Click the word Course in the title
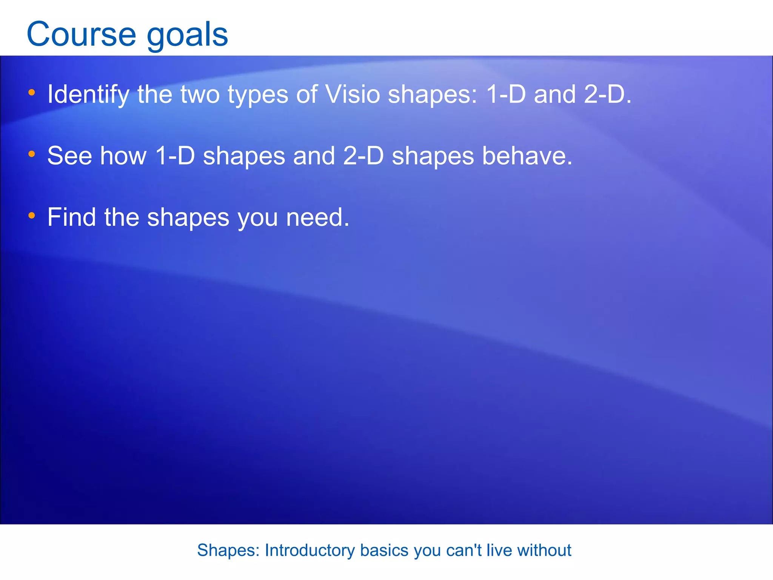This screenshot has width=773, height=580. pyautogui.click(x=81, y=34)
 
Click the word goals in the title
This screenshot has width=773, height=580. pyautogui.click(x=187, y=36)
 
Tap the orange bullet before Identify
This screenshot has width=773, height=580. pyautogui.click(x=32, y=92)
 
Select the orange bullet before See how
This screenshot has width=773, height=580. pyautogui.click(x=32, y=154)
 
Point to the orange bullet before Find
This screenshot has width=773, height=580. pyautogui.click(x=32, y=215)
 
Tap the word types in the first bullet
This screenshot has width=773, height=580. pyautogui.click(x=258, y=95)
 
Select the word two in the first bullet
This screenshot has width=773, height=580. pyautogui.click(x=200, y=94)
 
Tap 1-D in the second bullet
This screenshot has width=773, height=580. pyautogui.click(x=175, y=156)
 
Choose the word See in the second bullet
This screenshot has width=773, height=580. pyautogui.click(x=70, y=156)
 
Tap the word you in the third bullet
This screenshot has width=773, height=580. pyautogui.click(x=258, y=219)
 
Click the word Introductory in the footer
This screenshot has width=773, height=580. pyautogui.click(x=310, y=551)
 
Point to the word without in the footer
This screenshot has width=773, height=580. pyautogui.click(x=544, y=550)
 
